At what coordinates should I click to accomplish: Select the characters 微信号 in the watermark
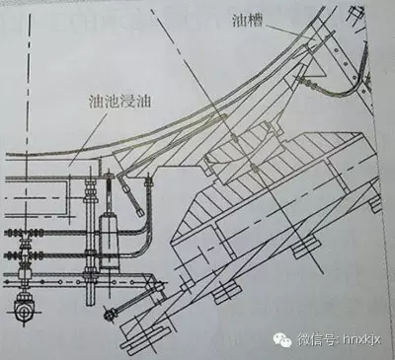click(x=313, y=338)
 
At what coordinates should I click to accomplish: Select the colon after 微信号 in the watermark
click(x=331, y=338)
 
